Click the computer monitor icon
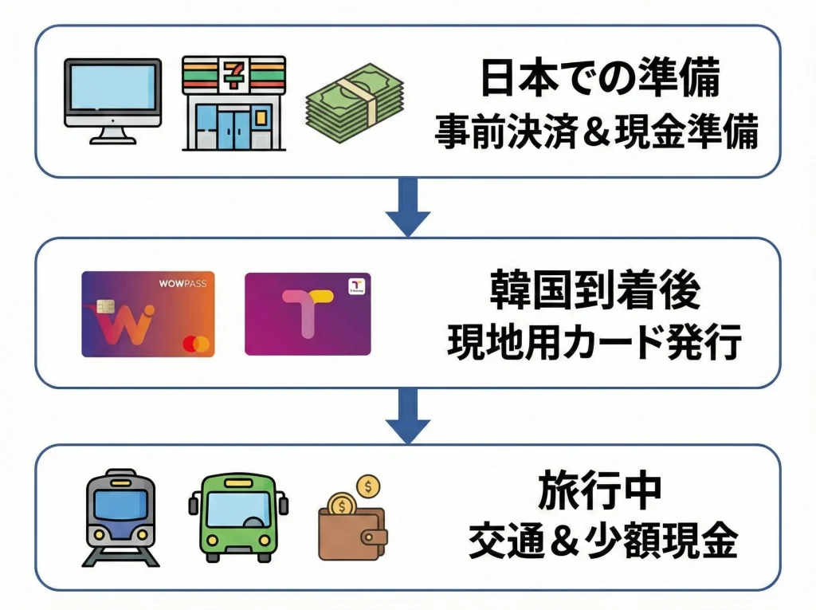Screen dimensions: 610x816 (x=112, y=100)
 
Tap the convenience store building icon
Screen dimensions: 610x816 (x=233, y=103)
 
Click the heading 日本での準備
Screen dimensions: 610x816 (x=600, y=81)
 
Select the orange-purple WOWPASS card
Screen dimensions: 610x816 (x=147, y=313)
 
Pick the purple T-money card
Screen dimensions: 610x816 (x=308, y=314)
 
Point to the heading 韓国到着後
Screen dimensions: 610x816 (x=595, y=292)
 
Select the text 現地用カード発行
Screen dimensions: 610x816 (x=595, y=344)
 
